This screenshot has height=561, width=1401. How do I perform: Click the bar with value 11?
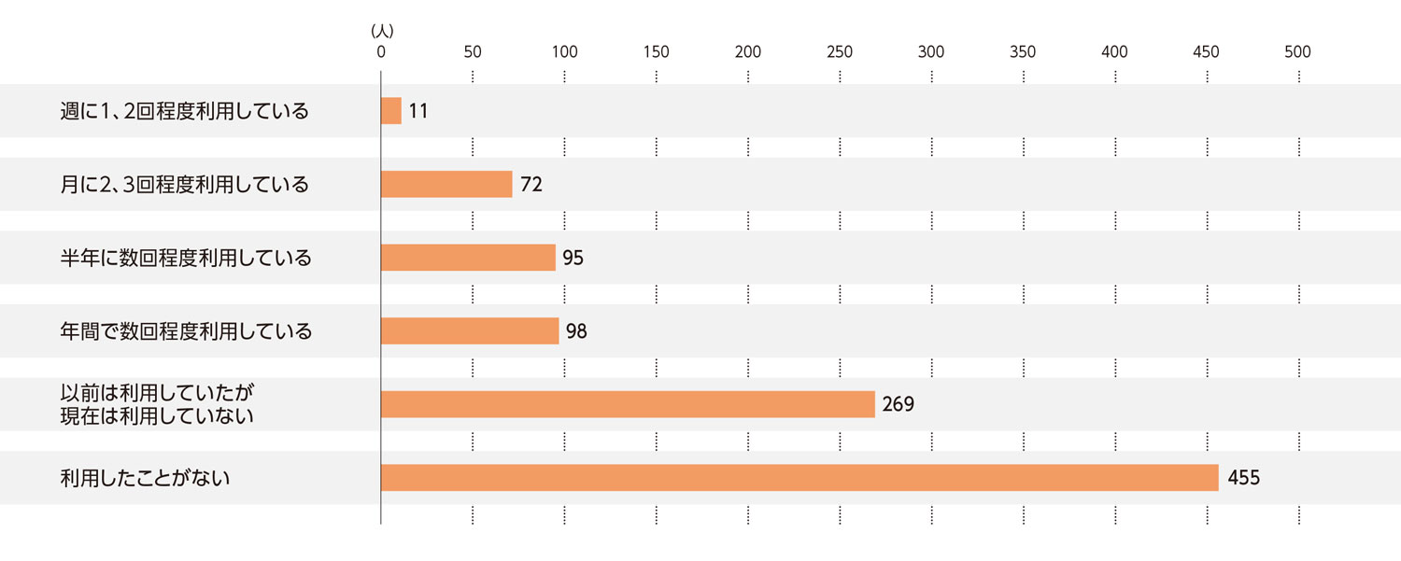click(x=391, y=111)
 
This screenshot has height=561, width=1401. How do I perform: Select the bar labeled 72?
click(x=446, y=184)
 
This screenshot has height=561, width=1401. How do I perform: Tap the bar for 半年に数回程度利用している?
click(x=468, y=258)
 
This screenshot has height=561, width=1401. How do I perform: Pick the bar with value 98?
click(x=470, y=330)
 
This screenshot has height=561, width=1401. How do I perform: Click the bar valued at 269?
click(x=628, y=404)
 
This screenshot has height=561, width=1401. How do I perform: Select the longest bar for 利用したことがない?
click(x=800, y=478)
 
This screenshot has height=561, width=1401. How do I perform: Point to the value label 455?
click(x=1244, y=478)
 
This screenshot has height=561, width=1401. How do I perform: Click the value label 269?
click(x=898, y=404)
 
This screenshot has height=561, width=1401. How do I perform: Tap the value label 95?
click(x=573, y=258)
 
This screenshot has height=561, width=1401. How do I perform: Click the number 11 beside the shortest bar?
click(x=418, y=111)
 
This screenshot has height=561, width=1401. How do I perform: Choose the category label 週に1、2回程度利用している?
click(x=184, y=111)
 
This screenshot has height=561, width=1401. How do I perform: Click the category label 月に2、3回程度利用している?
click(x=184, y=184)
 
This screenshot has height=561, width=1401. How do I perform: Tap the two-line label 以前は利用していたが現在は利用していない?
click(x=157, y=404)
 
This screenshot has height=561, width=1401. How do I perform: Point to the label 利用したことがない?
click(x=145, y=478)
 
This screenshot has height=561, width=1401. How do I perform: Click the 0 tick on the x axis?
click(x=381, y=52)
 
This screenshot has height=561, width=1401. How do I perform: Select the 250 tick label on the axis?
click(x=840, y=52)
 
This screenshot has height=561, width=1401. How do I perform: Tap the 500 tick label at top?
click(x=1297, y=52)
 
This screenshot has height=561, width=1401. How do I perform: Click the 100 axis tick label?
click(x=564, y=52)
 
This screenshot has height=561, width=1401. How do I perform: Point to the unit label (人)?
click(x=382, y=31)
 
